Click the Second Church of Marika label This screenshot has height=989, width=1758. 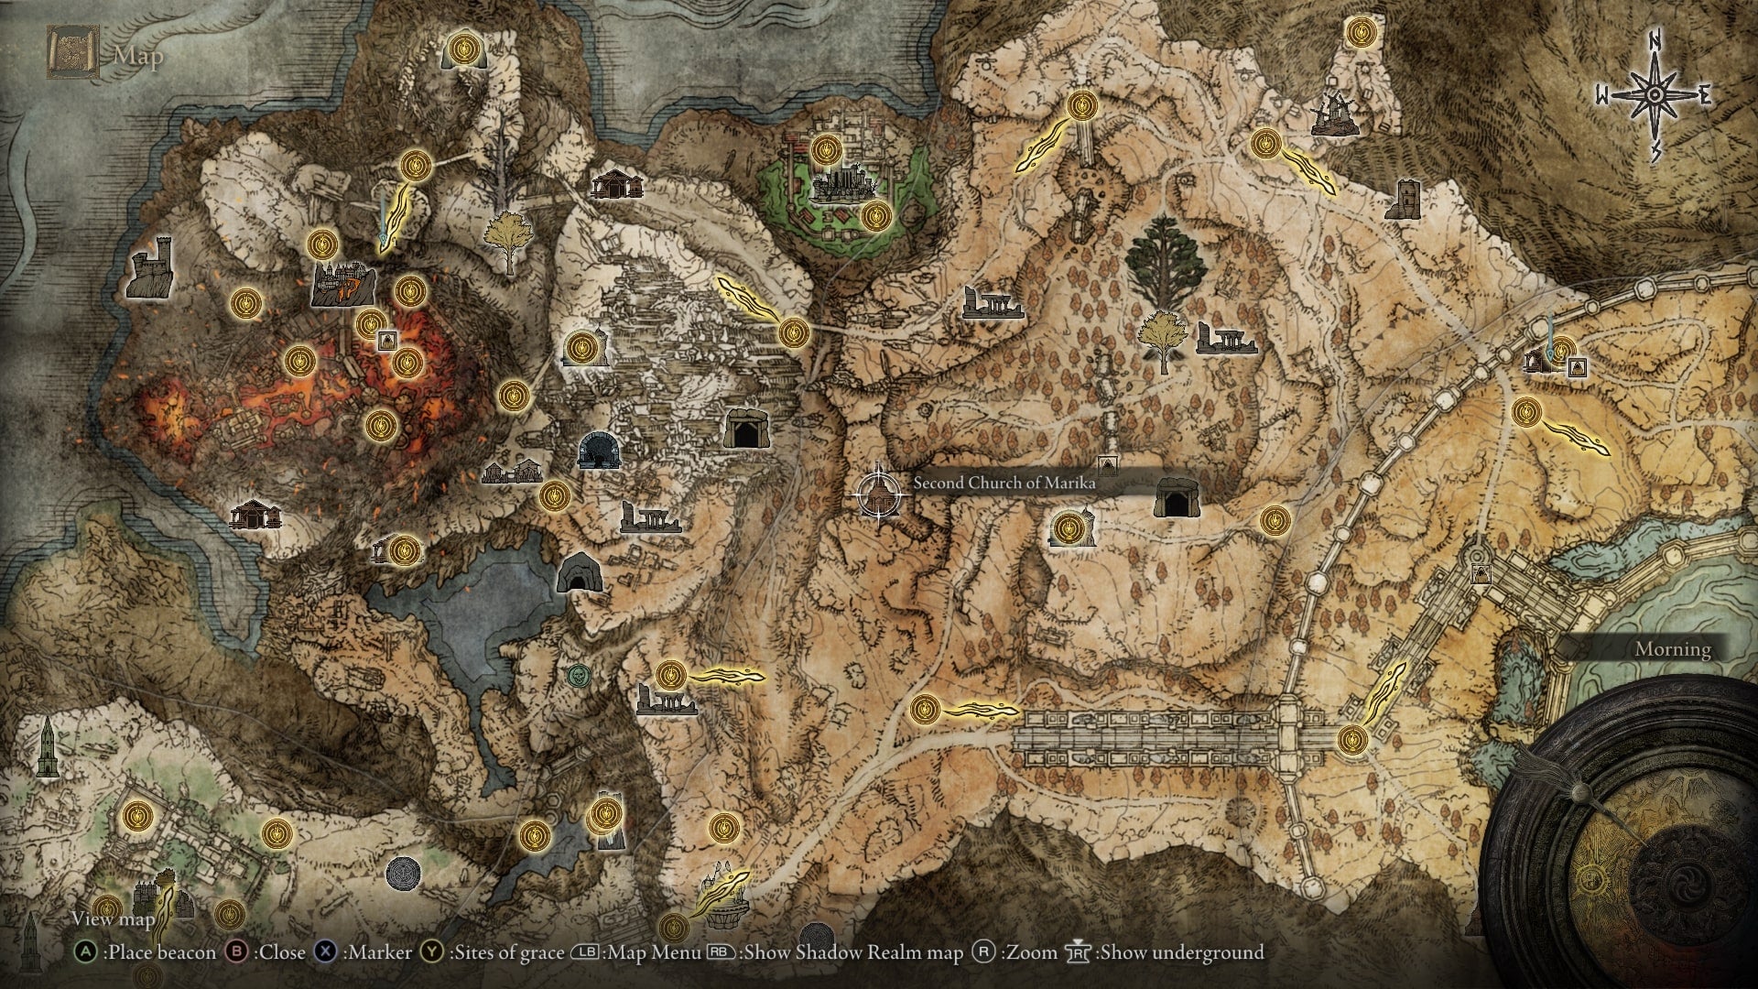(1004, 483)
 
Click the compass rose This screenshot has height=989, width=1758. (1655, 94)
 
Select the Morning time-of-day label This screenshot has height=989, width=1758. (1673, 649)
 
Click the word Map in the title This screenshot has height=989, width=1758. (138, 56)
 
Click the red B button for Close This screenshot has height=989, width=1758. (237, 952)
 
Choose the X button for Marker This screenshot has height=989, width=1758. (325, 952)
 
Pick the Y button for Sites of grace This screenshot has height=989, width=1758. (431, 952)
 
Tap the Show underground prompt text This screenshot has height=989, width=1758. (1182, 952)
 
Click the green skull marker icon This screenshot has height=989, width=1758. (577, 676)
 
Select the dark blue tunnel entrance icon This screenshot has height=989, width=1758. (600, 450)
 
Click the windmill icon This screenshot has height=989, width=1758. (1331, 113)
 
